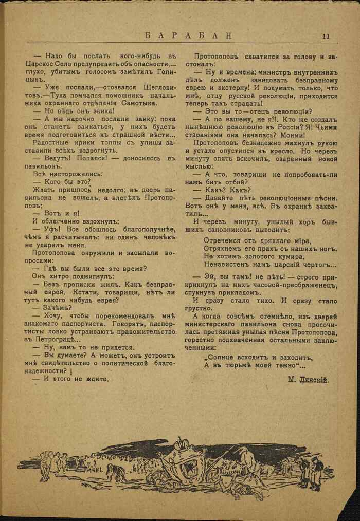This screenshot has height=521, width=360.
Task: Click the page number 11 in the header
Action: click(327, 36)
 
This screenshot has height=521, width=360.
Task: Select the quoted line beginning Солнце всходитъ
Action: click(258, 357)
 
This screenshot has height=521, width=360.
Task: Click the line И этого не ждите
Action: click(70, 378)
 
